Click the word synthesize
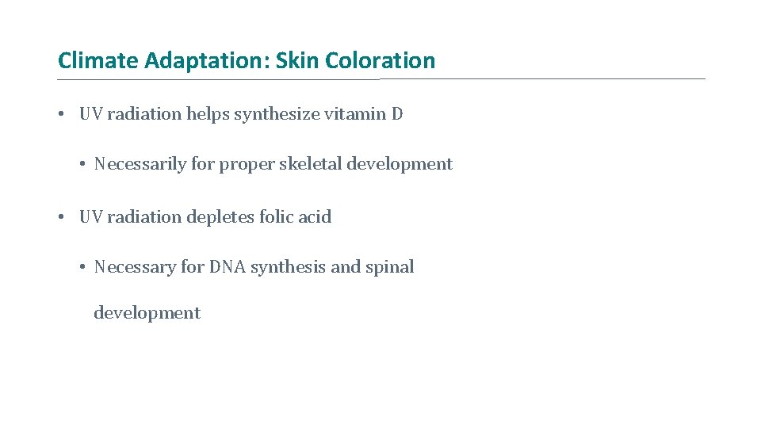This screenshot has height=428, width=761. pyautogui.click(x=274, y=114)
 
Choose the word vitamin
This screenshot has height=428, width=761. pyautogui.click(x=354, y=114)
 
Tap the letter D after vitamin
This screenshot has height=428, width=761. pyautogui.click(x=397, y=114)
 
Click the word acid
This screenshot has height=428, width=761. pyautogui.click(x=315, y=217)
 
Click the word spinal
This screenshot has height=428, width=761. pyautogui.click(x=389, y=268)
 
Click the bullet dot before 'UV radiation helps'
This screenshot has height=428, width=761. pyautogui.click(x=61, y=114)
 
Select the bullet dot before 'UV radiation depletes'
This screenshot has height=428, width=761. pyautogui.click(x=61, y=217)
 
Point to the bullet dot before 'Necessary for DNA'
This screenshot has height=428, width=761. pyautogui.click(x=82, y=267)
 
